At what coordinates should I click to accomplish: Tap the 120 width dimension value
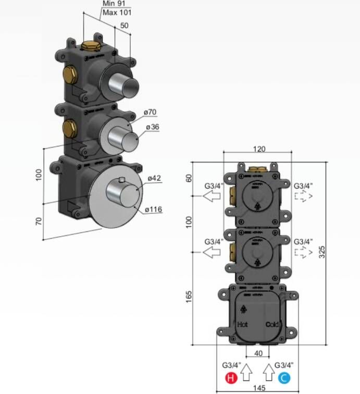259,149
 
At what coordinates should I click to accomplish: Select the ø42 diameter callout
154,178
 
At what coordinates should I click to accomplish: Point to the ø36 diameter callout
152,128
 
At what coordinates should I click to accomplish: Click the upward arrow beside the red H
247,372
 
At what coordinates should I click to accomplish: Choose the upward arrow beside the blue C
268,372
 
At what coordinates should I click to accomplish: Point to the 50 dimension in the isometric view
125,24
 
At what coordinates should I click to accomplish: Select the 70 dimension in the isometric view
39,221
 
